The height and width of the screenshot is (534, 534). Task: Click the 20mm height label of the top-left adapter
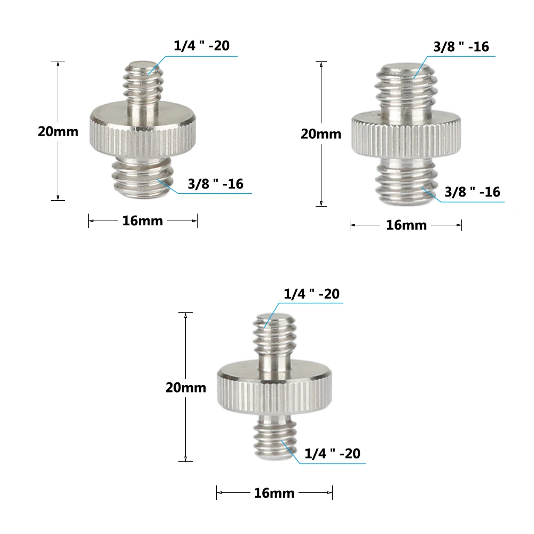tap(58, 131)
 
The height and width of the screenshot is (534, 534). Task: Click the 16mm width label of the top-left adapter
tap(143, 221)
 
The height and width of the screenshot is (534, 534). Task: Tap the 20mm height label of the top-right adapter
tap(320, 133)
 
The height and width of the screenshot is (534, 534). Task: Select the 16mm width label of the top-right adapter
tap(406, 225)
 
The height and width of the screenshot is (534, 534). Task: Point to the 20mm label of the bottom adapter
tap(185, 388)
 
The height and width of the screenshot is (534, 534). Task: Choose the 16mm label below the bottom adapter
tap(274, 493)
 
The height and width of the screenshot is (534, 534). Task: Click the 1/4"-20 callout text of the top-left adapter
tap(201, 46)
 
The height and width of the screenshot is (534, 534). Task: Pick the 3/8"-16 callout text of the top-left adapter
tap(215, 184)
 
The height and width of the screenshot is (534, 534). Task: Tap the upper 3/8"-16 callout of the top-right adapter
tap(461, 47)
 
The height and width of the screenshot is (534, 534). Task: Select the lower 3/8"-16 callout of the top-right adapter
tap(473, 192)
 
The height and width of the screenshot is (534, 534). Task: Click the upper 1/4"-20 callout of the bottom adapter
tap(311, 294)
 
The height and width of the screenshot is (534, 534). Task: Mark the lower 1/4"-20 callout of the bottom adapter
tap(332, 454)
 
